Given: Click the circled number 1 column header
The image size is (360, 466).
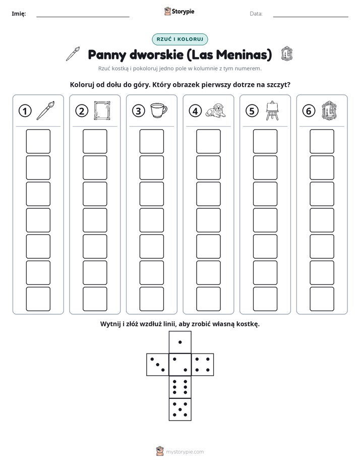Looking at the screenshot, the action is coord(25,111).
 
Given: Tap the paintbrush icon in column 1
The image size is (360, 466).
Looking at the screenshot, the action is coord(45,110).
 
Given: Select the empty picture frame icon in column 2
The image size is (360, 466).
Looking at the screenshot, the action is coord(102,110).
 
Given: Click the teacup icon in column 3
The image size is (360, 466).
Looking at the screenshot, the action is coord(159,110).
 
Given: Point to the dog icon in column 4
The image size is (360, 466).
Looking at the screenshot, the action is coord(216,110).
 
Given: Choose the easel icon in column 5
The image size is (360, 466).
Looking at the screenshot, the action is coord(272,110).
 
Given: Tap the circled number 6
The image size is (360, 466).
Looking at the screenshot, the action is coord(309,111).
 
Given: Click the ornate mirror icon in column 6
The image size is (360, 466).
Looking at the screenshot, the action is coord(329,110).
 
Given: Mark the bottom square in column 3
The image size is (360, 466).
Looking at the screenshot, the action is coord(151,299).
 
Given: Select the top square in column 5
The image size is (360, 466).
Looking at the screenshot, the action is coord(265,141).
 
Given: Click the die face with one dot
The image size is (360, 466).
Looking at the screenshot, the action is coord(180,342).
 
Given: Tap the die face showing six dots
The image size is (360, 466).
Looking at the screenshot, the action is coord(180,387).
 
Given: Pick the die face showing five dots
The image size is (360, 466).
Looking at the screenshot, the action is coord(180,410).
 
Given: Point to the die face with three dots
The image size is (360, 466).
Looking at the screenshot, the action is coord(158,365).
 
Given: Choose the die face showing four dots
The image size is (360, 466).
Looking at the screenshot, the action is coord(203,365).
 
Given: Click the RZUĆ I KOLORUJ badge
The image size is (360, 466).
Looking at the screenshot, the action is coord(180,39).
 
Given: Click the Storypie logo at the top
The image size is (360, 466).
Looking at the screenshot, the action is coord(179,12).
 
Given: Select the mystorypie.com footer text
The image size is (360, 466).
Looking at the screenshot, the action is coord(185,452).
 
